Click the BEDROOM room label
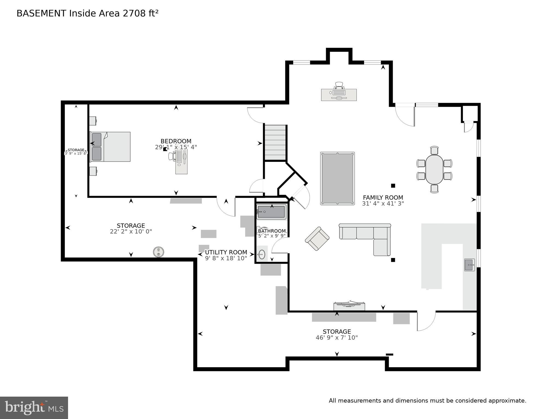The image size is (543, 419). tap(176, 141)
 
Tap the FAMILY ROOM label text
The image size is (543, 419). tap(383, 197)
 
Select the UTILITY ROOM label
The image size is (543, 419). tap(226, 252)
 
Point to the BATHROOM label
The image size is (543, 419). tap(272, 231)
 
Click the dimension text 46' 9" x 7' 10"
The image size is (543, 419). tap(336, 338)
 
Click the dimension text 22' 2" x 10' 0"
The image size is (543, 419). tap(131, 231)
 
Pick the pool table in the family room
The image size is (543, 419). tap(337, 178)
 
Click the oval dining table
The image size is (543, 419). tap(434, 170)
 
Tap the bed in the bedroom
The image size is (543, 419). tap(110, 147)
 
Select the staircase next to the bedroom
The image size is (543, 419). tap(275, 142)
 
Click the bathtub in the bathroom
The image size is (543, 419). tap(271, 212)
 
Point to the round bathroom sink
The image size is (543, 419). tap(262, 254)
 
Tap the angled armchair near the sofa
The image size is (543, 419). tap(317, 239)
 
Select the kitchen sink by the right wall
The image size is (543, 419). tap(469, 265)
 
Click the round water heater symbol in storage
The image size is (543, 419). tap(159, 252)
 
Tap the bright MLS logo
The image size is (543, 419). tap(34, 408)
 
